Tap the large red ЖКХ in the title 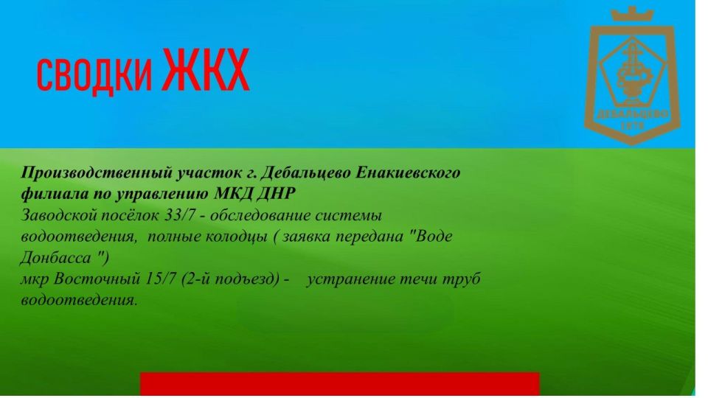point(206,70)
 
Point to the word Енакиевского point(408,172)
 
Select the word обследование point(260,216)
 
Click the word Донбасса point(55,258)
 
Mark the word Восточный point(97,279)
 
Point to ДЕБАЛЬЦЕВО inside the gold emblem point(632,114)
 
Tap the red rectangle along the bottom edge point(340,385)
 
